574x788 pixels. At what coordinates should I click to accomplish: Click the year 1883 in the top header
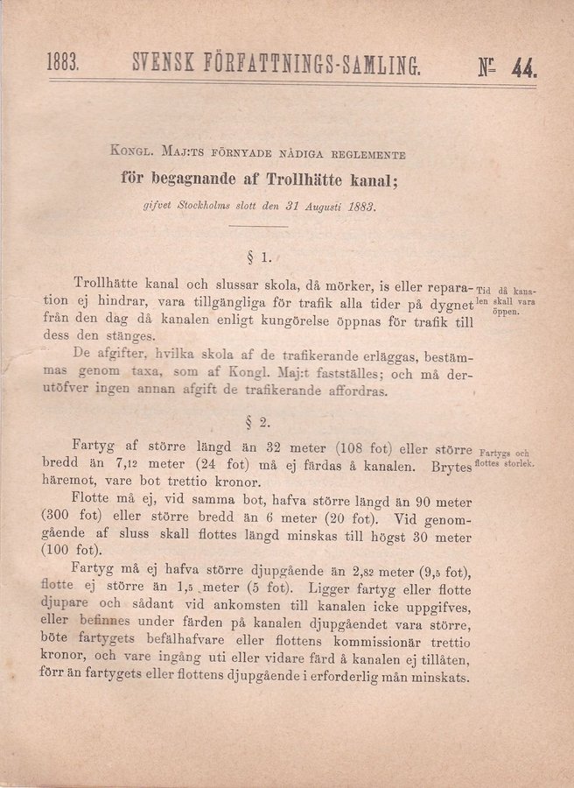[62, 64]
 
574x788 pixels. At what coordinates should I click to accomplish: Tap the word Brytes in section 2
[450, 467]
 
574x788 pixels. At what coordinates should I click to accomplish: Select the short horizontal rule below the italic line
[260, 227]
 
